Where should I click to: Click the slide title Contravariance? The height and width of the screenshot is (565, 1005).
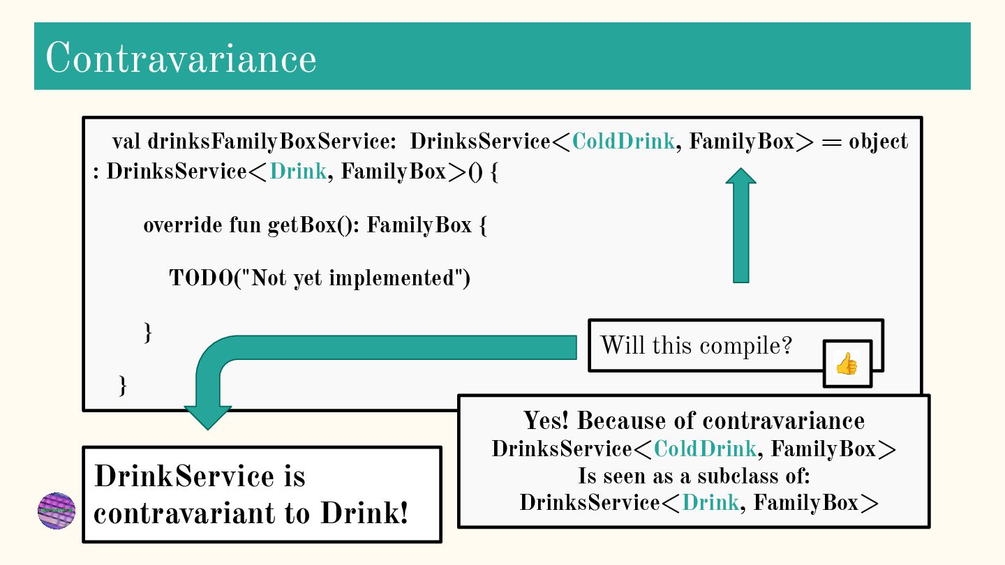pyautogui.click(x=181, y=58)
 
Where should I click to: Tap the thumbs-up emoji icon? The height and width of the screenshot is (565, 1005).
pyautogui.click(x=847, y=363)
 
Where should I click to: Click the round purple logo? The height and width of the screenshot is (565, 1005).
pyautogui.click(x=57, y=511)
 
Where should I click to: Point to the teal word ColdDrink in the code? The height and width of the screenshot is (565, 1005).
pyautogui.click(x=623, y=142)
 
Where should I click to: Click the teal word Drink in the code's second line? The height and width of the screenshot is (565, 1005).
pyautogui.click(x=298, y=172)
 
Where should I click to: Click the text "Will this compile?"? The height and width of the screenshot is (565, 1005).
pyautogui.click(x=696, y=345)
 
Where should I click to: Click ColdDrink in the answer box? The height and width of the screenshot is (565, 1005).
pyautogui.click(x=705, y=449)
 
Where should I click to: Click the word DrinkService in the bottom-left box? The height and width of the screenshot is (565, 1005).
pyautogui.click(x=184, y=476)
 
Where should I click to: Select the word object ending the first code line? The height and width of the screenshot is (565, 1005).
pyautogui.click(x=878, y=142)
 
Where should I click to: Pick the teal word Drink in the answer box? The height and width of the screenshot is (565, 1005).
pyautogui.click(x=710, y=503)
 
